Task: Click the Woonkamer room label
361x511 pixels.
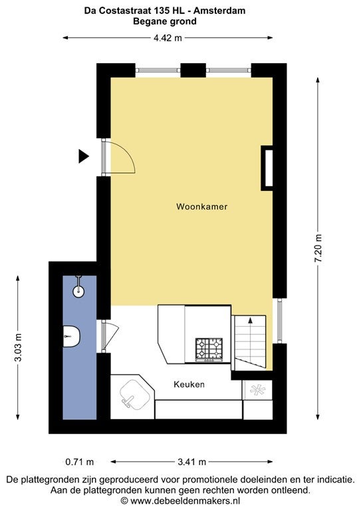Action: [202, 207]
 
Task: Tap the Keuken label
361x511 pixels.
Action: [189, 384]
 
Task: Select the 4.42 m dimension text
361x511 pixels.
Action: [168, 38]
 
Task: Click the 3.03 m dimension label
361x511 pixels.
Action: [18, 347]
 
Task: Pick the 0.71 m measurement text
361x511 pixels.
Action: [79, 462]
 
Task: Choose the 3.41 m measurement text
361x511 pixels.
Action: [191, 462]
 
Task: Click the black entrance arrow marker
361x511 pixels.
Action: [83, 156]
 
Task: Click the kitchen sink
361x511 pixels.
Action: [135, 395]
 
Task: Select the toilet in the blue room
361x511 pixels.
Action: [71, 336]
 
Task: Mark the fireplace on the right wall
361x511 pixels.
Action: [267, 168]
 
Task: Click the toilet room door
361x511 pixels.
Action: [110, 336]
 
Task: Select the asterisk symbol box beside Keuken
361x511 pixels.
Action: [257, 390]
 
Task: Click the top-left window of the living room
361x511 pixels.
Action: [158, 70]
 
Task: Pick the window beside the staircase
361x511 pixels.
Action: [279, 321]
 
